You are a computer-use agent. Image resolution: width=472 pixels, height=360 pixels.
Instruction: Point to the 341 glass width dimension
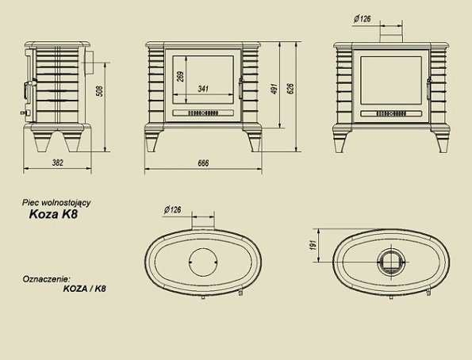click(204, 89)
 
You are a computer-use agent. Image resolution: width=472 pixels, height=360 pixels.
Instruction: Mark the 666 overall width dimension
click(203, 163)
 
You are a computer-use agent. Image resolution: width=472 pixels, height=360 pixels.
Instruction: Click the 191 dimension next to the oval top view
click(313, 247)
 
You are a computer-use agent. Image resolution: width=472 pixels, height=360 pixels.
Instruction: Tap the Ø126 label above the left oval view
click(174, 210)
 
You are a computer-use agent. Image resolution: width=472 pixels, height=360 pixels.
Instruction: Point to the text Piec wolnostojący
click(53, 203)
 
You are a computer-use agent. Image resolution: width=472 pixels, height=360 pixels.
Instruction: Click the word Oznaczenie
click(46, 279)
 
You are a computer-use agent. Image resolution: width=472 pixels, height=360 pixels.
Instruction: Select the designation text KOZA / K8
click(83, 289)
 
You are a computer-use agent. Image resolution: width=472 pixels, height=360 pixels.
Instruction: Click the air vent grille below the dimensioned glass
click(203, 113)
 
